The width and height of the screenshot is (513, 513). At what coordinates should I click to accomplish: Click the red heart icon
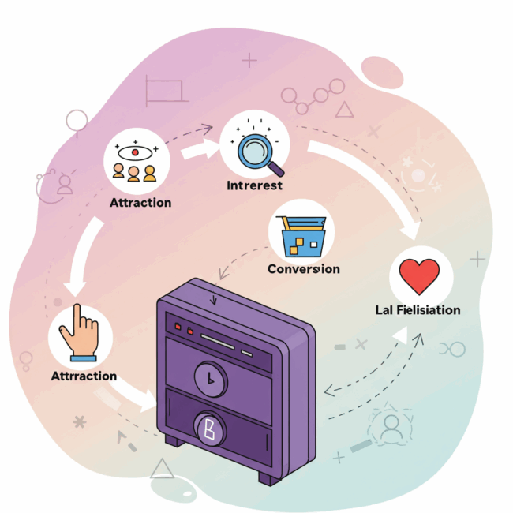[419, 276]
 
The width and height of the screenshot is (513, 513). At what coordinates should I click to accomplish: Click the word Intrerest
[254, 186]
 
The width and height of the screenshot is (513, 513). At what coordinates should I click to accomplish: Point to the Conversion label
[304, 269]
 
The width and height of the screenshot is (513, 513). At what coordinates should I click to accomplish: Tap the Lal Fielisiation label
[418, 310]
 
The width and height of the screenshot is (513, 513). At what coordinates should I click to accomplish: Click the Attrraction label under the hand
[84, 376]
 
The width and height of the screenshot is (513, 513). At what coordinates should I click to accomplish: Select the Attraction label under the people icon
[140, 203]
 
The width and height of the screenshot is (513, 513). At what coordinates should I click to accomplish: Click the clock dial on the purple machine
[210, 379]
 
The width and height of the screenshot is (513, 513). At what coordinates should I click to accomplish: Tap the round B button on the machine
[209, 429]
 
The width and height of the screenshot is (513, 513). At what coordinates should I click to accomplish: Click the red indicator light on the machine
[178, 326]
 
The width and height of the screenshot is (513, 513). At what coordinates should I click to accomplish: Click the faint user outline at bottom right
[390, 427]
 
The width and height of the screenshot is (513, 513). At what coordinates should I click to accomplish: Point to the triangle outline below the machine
[163, 469]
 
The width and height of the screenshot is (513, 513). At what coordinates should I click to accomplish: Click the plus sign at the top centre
[249, 60]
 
